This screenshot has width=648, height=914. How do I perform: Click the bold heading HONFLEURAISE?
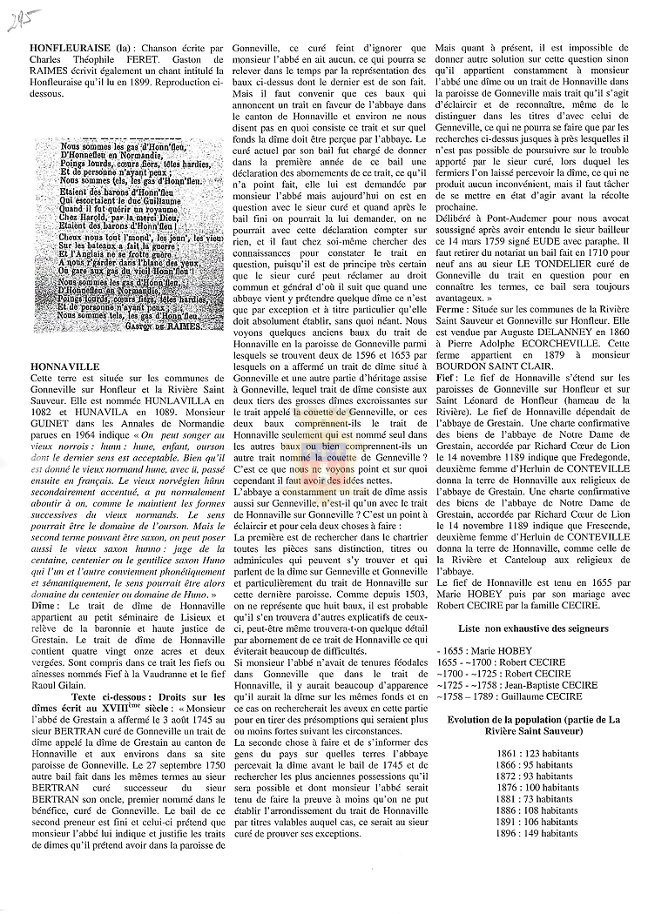pos(65,43)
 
